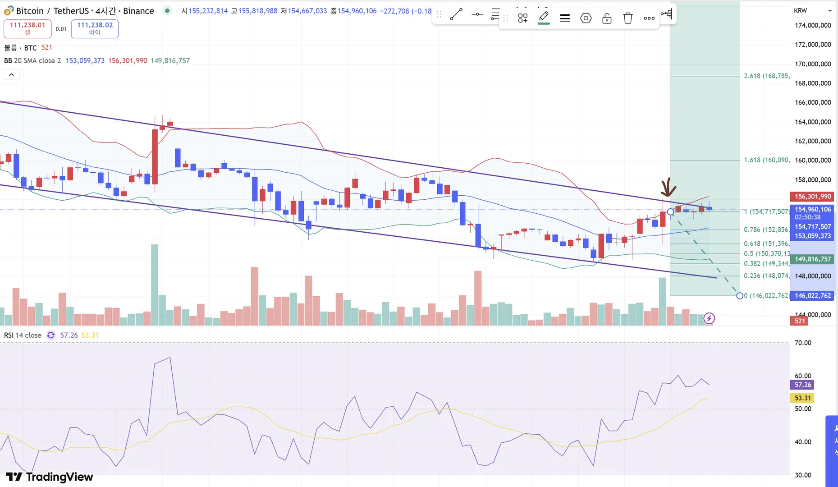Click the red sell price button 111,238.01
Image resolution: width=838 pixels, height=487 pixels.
[27, 28]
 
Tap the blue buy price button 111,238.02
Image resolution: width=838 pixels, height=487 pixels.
[95, 28]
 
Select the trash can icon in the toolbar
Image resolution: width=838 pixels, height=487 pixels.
[627, 18]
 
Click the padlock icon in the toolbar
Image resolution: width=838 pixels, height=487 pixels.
[607, 18]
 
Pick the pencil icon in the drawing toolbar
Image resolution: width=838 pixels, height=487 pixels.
[544, 18]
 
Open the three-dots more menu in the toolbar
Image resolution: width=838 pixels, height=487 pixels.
[649, 18]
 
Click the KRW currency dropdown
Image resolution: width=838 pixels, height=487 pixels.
[813, 10]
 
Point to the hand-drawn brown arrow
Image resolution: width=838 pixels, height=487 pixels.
[668, 187]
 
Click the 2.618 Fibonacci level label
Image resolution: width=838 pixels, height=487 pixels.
[766, 76]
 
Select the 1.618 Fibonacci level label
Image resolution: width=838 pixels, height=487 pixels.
[766, 160]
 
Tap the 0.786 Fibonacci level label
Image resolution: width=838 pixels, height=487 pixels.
[766, 230]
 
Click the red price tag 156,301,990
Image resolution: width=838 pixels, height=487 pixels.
[812, 197]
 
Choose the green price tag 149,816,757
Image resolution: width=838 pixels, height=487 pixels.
[812, 259]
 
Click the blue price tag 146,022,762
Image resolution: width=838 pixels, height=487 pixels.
[812, 296]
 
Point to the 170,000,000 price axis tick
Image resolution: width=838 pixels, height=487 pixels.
[813, 64]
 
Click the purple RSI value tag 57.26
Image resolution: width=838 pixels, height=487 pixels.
[802, 385]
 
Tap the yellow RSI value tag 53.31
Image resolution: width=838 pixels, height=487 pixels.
[802, 398]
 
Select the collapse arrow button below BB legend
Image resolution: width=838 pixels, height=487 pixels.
[11, 74]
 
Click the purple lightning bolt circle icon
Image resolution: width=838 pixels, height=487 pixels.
[709, 318]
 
